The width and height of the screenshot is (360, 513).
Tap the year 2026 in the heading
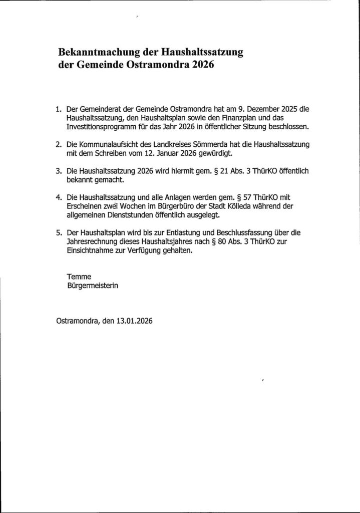click(202, 65)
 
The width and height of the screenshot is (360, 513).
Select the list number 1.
click(58, 108)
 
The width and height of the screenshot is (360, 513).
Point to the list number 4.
click(58, 198)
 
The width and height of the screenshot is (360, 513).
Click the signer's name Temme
click(77, 277)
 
